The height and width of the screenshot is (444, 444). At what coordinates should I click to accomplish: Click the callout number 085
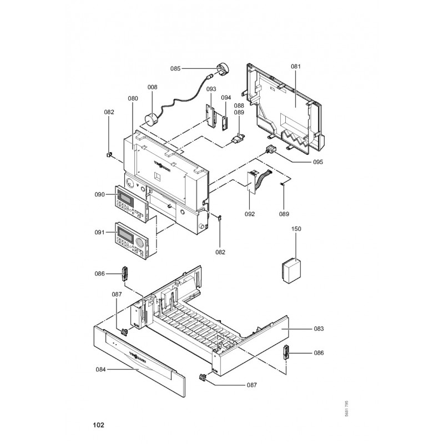point(175,69)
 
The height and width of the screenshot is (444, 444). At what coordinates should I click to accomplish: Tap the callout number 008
point(152,87)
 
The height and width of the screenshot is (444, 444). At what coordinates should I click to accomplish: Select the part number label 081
point(295,67)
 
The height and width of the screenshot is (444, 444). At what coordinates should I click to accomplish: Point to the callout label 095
point(302,162)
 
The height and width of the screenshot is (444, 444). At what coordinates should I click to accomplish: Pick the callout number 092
point(249,214)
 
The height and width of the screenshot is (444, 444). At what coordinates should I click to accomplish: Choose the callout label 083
point(319,329)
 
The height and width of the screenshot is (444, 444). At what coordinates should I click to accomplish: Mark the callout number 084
point(100,369)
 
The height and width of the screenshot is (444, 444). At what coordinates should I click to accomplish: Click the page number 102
point(98,426)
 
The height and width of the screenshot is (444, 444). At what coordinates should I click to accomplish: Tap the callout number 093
point(211,89)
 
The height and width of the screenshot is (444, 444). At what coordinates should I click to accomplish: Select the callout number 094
point(226,97)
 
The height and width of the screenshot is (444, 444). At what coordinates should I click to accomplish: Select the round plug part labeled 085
point(224,69)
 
